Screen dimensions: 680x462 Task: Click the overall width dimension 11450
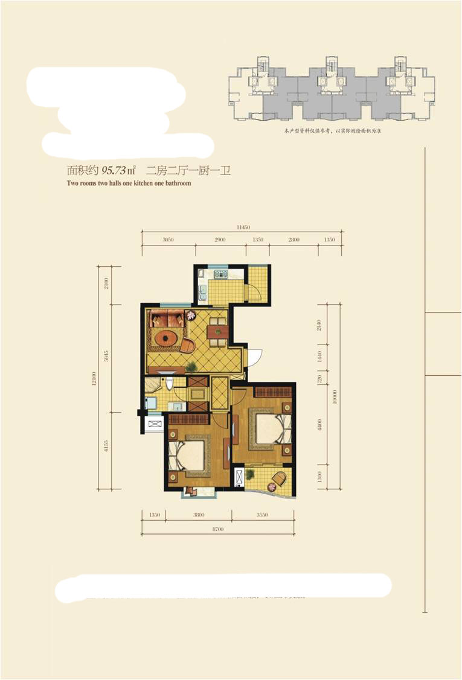click(242, 227)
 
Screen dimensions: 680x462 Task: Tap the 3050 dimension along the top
click(168, 240)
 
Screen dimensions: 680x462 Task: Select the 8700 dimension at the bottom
click(218, 529)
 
